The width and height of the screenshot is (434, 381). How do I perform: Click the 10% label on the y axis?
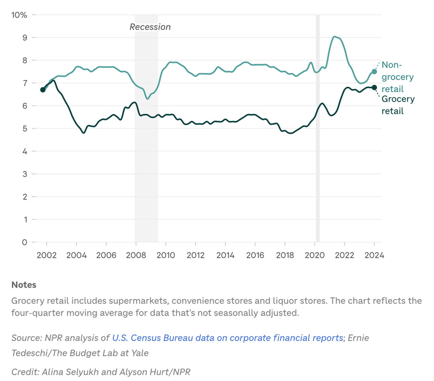(19, 15)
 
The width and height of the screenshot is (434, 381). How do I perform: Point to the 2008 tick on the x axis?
(136, 255)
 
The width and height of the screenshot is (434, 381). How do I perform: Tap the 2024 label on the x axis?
(375, 255)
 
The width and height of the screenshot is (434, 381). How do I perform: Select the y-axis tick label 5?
(24, 129)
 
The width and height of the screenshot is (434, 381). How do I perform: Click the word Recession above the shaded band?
(150, 27)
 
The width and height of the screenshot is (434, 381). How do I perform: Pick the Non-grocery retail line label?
(397, 77)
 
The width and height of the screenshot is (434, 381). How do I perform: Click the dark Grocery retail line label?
(398, 105)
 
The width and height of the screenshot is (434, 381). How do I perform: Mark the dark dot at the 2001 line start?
(43, 90)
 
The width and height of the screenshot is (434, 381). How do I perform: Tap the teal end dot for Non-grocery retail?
(375, 71)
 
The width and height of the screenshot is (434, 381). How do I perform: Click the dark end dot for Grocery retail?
(375, 88)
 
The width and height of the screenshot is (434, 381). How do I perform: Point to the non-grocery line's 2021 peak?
(335, 37)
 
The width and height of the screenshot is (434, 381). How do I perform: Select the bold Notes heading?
(24, 285)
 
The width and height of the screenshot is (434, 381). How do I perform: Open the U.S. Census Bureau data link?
(227, 338)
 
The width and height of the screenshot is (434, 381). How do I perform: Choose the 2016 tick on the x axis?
(255, 255)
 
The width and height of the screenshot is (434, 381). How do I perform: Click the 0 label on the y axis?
(24, 242)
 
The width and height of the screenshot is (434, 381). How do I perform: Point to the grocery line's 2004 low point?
(84, 132)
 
